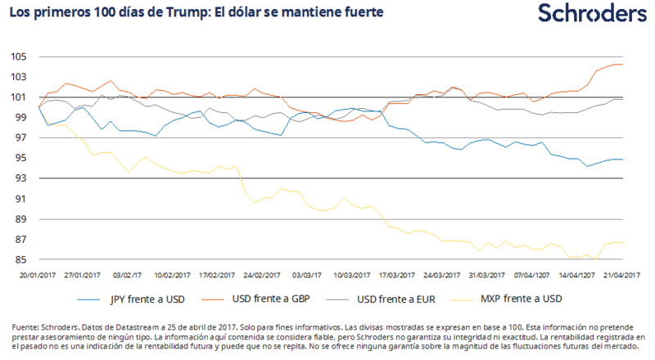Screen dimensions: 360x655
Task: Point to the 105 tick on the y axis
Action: [20, 56]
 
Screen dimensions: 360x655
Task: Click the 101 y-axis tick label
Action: [20, 97]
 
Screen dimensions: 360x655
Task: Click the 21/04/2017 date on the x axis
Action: [621, 276]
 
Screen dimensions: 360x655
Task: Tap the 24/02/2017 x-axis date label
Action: [262, 276]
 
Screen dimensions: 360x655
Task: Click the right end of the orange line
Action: [623, 65]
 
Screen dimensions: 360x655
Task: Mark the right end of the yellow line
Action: [623, 242]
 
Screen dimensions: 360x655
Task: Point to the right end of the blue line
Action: [623, 160]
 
